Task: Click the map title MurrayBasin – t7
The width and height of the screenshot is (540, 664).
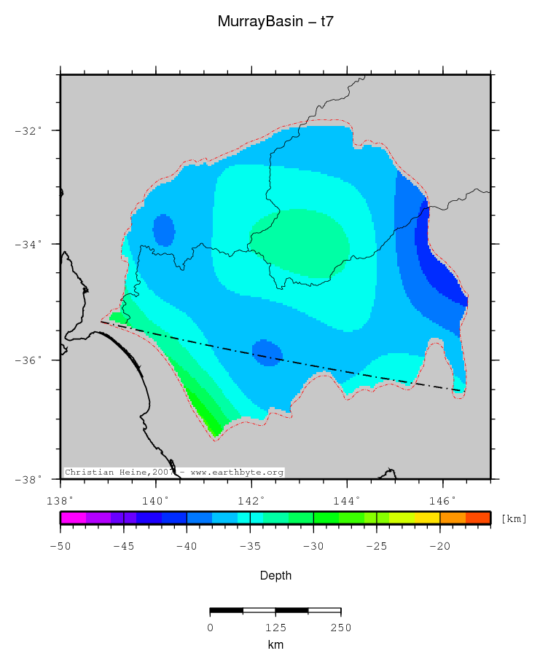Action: (275, 22)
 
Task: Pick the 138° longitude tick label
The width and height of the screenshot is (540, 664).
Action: (60, 500)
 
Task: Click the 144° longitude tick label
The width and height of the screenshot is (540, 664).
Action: (347, 500)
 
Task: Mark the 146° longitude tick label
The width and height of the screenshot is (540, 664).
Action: (442, 500)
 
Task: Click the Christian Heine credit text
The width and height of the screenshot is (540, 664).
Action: (173, 473)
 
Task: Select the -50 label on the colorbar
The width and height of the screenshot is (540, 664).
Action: (60, 545)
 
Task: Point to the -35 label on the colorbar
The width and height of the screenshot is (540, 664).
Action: (250, 545)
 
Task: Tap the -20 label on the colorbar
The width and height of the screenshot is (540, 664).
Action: (439, 545)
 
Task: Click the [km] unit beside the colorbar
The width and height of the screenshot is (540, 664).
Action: (514, 519)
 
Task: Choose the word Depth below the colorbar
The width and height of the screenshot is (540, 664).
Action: (275, 575)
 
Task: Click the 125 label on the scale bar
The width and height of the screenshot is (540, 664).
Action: (275, 628)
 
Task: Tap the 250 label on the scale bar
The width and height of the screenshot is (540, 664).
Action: (340, 628)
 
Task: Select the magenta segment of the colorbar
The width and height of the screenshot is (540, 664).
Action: (73, 518)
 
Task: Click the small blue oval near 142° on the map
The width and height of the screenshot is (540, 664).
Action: (267, 352)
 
